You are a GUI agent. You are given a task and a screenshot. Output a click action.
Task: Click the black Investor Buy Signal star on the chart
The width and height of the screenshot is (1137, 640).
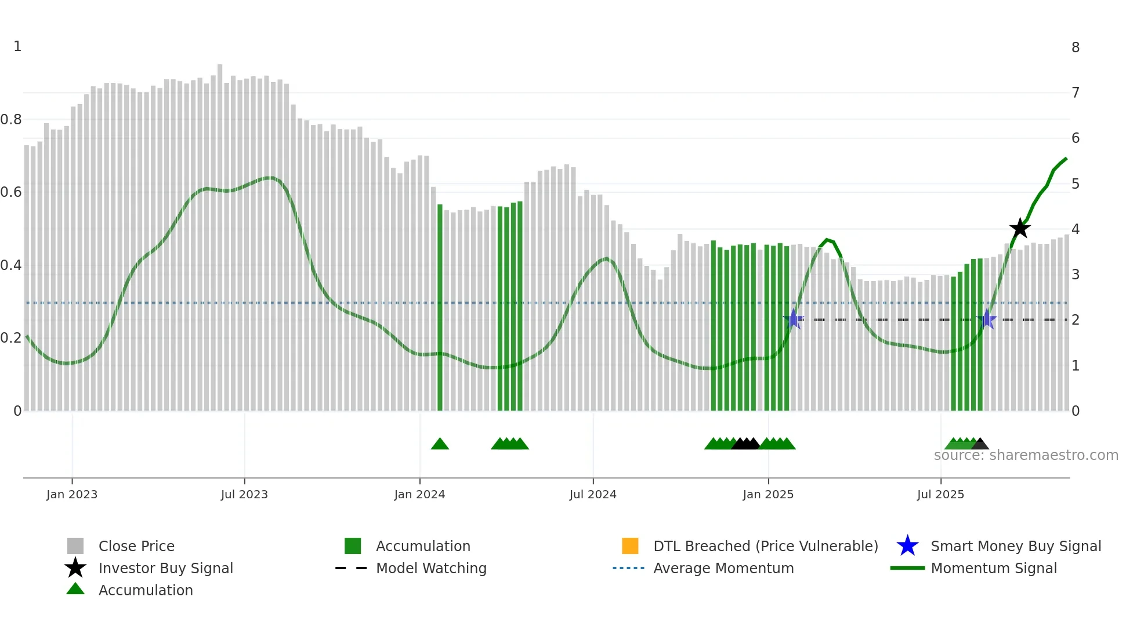[x=1019, y=228]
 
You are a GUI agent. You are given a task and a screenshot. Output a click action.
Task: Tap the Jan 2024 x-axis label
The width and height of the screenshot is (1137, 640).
[x=419, y=495]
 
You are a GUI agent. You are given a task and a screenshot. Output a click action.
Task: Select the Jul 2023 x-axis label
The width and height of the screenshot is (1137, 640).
[x=244, y=495]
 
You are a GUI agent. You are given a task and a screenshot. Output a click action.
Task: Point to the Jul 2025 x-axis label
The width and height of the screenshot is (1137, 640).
[x=940, y=495]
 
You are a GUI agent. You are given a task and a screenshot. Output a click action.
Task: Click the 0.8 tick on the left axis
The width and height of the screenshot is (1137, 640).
[x=11, y=120]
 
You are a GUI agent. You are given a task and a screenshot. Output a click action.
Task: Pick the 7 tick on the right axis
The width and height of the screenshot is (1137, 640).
[x=1076, y=93]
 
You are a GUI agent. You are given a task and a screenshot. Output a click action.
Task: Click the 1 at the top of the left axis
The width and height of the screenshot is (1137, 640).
[x=17, y=46]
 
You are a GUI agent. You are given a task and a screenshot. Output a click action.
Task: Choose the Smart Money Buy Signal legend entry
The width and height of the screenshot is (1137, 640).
[x=1015, y=546]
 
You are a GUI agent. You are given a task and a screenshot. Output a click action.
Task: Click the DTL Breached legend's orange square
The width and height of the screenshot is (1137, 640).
[x=630, y=546]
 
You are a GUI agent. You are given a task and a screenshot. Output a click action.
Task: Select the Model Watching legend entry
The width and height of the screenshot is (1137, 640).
[x=430, y=569]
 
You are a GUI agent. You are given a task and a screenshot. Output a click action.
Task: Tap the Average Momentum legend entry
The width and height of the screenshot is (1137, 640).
[x=723, y=569]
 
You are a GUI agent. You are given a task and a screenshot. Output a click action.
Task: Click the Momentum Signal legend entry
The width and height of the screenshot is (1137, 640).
[x=993, y=569]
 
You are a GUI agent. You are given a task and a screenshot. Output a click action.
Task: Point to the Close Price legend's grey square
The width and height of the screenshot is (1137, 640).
[x=75, y=546]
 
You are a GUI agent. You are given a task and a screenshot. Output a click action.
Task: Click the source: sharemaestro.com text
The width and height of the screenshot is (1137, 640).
[x=1026, y=455]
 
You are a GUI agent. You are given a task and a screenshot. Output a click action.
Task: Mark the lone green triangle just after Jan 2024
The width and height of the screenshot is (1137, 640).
[x=440, y=444]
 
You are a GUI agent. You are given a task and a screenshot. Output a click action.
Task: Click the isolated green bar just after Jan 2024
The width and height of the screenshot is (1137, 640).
[x=440, y=308]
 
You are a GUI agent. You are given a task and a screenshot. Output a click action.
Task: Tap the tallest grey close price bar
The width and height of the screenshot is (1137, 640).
[x=220, y=232]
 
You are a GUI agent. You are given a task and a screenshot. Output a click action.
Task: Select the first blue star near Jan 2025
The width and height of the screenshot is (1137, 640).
[x=793, y=319]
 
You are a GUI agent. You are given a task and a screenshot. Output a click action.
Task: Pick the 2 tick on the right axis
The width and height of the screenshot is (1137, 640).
[x=1076, y=320]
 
